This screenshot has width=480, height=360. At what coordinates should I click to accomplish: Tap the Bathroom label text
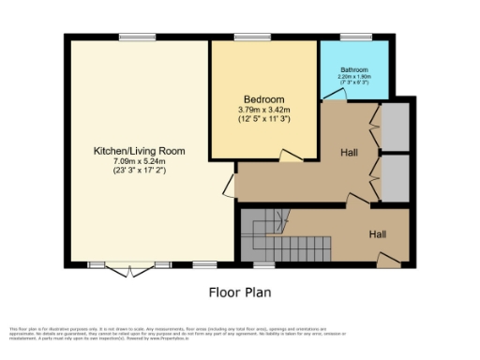tap(353, 70)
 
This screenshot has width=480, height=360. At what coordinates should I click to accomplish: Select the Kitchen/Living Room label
tap(138, 151)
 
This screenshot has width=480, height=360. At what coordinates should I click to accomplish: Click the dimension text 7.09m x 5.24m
tap(138, 161)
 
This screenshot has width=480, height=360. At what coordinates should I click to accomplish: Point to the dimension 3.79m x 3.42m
tap(263, 110)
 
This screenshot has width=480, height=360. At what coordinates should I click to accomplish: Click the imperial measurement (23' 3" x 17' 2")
tap(138, 171)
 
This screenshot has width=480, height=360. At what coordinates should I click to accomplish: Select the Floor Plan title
tap(240, 292)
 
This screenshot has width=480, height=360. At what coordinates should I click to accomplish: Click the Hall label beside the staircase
tap(377, 233)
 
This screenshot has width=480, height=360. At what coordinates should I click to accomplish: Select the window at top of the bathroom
tap(355, 37)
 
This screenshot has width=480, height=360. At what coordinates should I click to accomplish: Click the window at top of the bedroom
tap(250, 37)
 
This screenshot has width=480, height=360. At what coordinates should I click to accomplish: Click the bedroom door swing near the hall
tap(292, 155)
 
